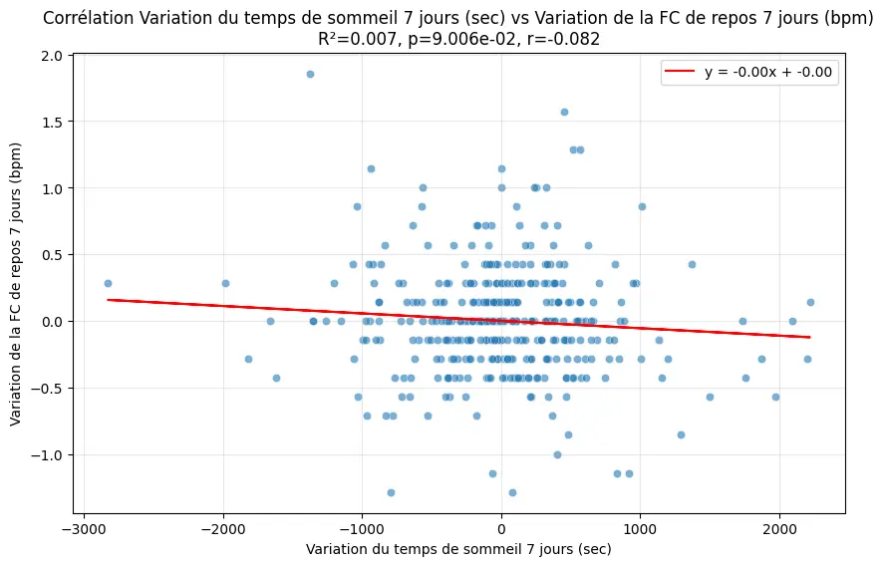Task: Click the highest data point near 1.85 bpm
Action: pos(310,74)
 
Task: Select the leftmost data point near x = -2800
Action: pos(108,283)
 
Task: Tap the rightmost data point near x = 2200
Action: pos(810,302)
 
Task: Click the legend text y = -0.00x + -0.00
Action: pos(769,72)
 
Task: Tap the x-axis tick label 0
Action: pos(501,526)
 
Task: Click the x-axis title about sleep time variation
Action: pos(458,549)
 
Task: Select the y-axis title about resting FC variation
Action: pos(17,283)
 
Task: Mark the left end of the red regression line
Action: pos(108,299)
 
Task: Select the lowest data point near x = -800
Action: pos(391,492)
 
